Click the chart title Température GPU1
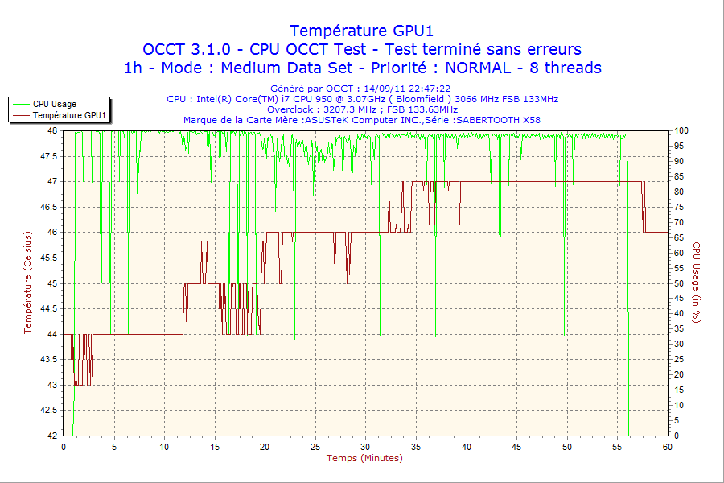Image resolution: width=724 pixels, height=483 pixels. pyautogui.click(x=362, y=31)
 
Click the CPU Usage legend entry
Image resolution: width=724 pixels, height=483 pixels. pyautogui.click(x=55, y=104)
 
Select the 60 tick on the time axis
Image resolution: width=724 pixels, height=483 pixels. pyautogui.click(x=667, y=446)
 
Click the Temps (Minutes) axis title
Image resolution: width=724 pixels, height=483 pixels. pyautogui.click(x=364, y=458)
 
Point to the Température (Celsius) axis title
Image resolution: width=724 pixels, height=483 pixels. pyautogui.click(x=27, y=283)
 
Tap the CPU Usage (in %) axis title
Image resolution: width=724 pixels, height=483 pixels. pyautogui.click(x=697, y=283)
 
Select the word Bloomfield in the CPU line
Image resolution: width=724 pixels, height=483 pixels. pyautogui.click(x=418, y=99)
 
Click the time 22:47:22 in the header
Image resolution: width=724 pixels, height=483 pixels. pyautogui.click(x=430, y=89)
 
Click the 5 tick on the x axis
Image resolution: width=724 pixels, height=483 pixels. pyautogui.click(x=114, y=446)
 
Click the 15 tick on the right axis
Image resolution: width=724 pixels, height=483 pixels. pyautogui.click(x=679, y=390)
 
